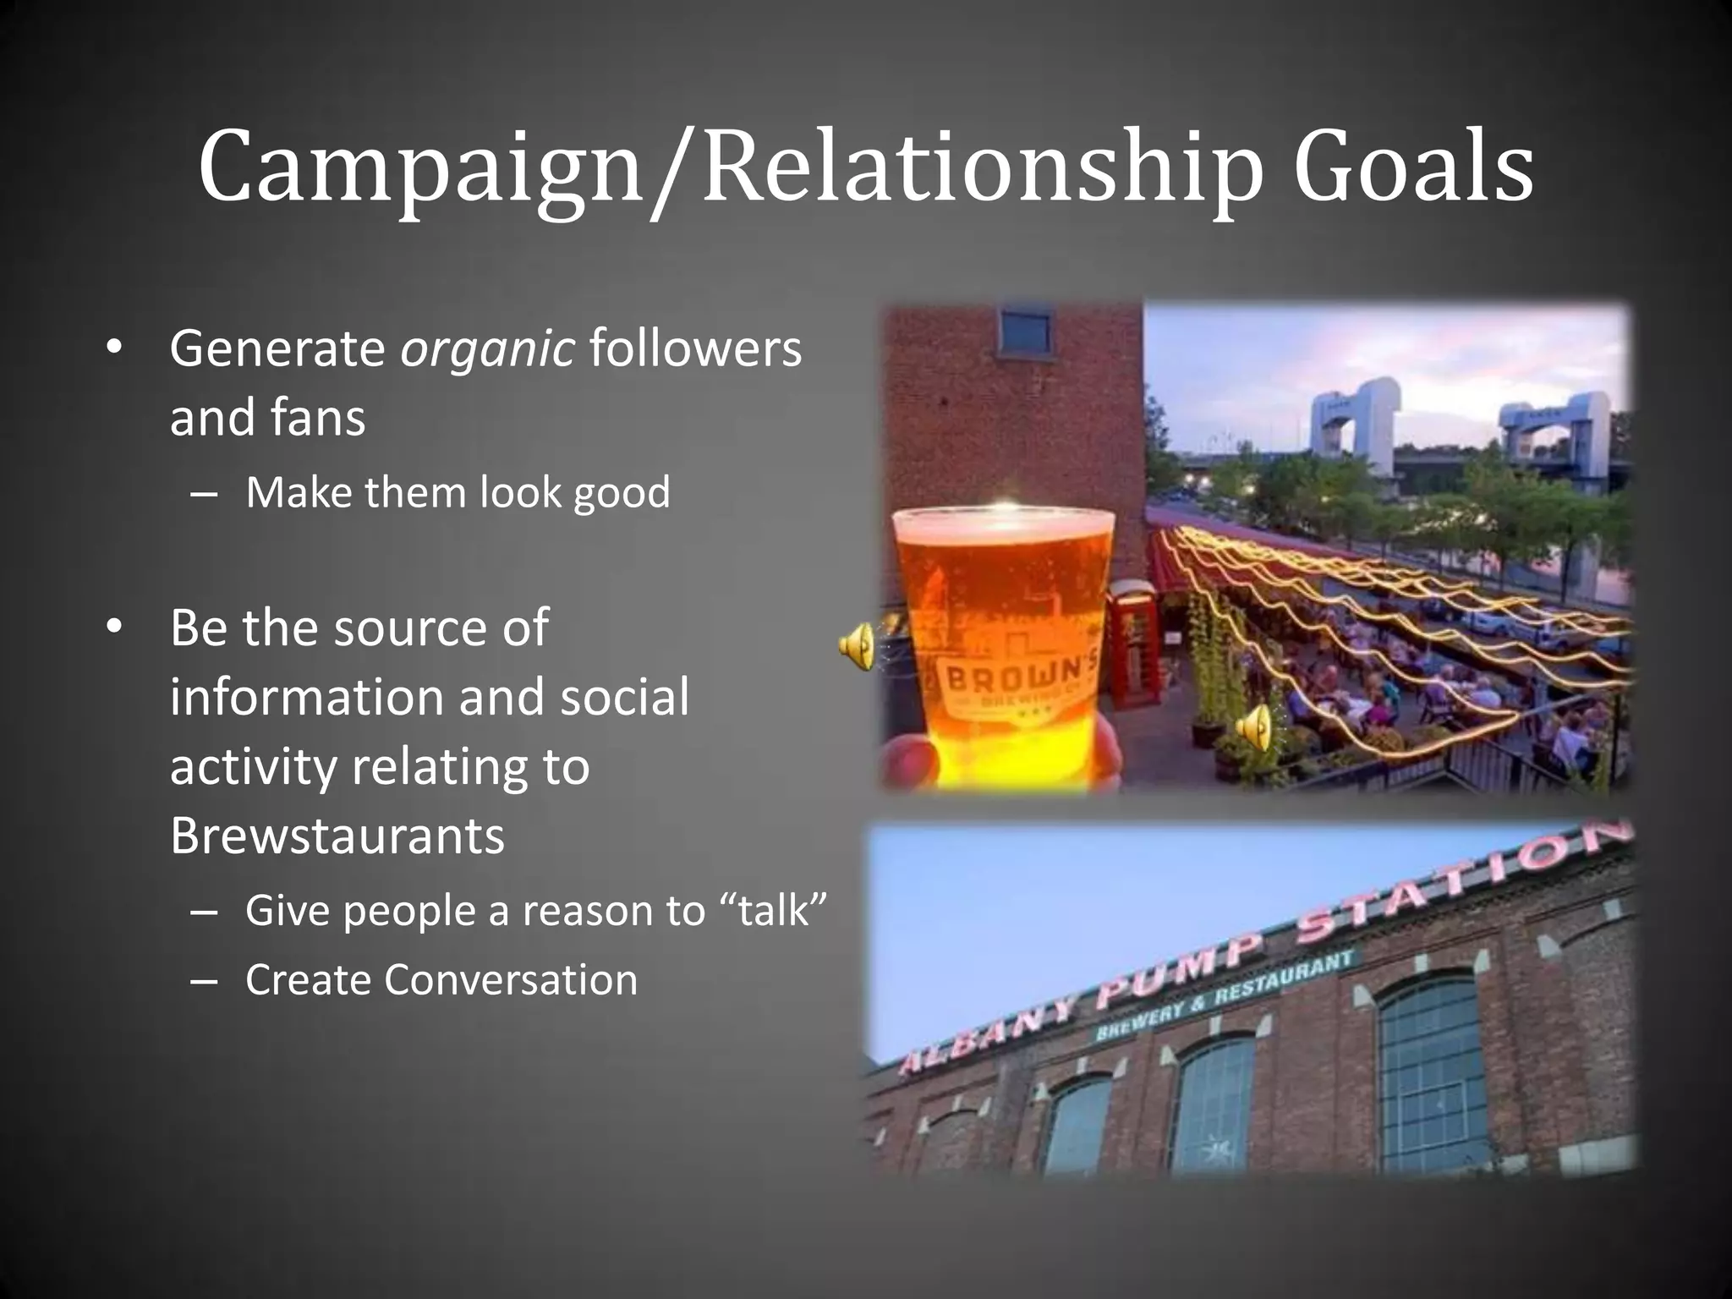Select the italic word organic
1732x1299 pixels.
[488, 348]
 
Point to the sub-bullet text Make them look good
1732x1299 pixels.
[458, 492]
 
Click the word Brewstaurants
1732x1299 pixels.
[337, 836]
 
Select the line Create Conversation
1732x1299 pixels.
[441, 980]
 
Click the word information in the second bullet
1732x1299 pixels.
[306, 697]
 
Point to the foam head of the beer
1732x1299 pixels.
[1005, 524]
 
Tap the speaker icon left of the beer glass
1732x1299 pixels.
[857, 646]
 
